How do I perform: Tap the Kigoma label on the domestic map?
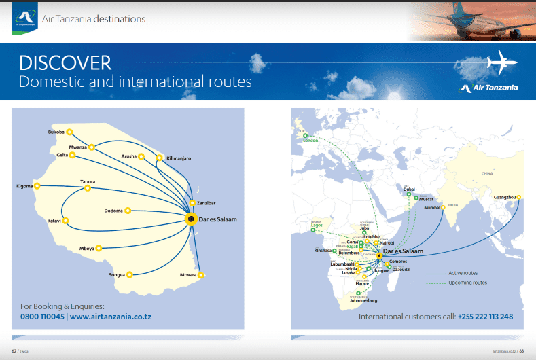[24, 186]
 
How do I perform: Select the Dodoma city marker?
[128, 211]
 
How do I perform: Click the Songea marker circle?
[129, 275]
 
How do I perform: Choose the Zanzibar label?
[206, 203]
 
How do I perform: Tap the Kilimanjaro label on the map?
[179, 158]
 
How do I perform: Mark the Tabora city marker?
[88, 188]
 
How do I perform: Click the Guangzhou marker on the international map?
[518, 198]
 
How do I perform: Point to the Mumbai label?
[432, 207]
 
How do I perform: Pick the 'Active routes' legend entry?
[463, 273]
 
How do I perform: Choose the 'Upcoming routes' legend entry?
[467, 283]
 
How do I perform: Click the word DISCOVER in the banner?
[65, 63]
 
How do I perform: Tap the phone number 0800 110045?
[42, 317]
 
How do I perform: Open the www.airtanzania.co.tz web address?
[114, 317]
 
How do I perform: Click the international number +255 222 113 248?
[485, 317]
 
